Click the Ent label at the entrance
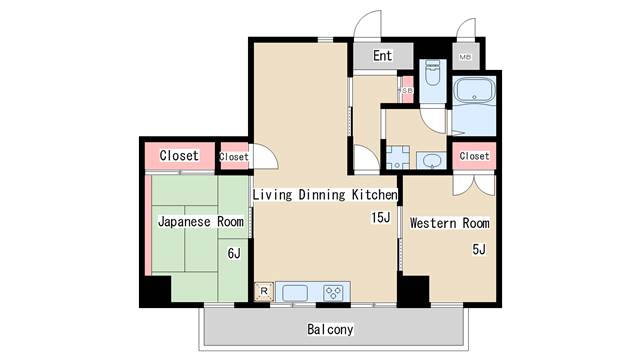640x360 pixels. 383,56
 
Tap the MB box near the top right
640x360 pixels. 465,57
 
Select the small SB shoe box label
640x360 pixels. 407,91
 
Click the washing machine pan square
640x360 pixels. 396,156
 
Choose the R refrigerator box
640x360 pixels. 263,291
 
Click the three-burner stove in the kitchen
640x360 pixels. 333,292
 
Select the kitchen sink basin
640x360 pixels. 295,292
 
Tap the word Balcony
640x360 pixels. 329,329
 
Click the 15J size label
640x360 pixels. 380,218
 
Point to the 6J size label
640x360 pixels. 234,253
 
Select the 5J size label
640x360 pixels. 479,249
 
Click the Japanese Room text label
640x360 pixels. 200,221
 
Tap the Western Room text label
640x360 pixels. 450,222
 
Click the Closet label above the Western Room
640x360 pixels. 474,156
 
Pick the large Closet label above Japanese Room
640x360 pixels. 179,156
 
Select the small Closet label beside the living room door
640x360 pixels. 234,157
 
